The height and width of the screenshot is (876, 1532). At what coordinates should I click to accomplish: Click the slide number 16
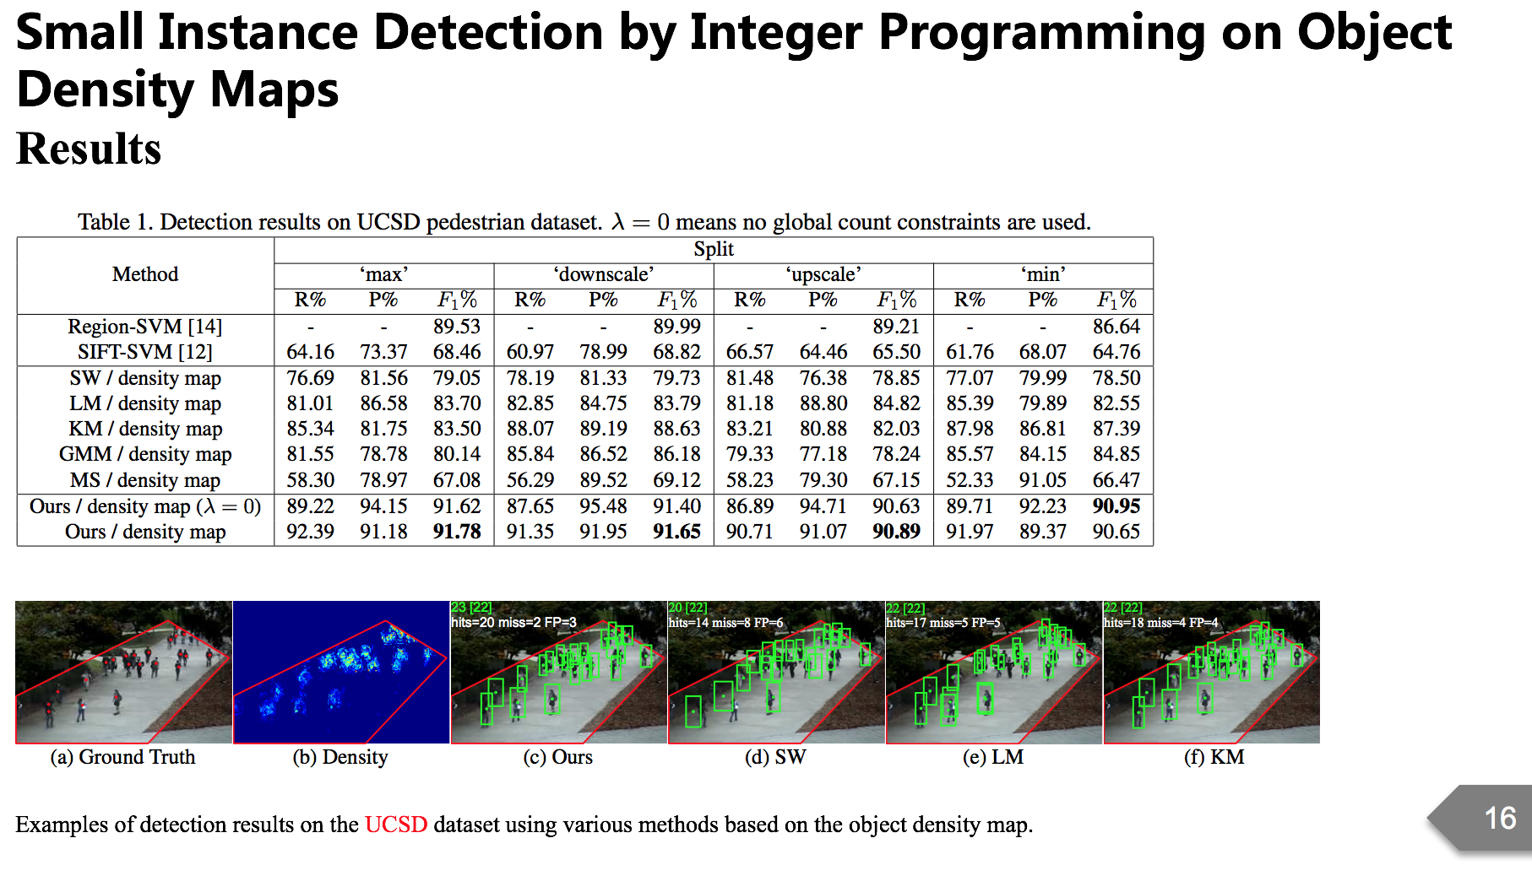pos(1500,818)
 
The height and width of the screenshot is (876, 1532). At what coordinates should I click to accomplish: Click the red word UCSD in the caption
pos(395,825)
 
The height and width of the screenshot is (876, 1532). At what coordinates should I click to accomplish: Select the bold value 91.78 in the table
pos(457,532)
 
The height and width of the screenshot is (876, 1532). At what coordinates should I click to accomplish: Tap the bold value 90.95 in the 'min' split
pos(1116,506)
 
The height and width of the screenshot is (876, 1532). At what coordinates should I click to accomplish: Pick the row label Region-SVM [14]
pos(145,327)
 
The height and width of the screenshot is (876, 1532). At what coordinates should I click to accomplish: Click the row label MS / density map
pos(145,480)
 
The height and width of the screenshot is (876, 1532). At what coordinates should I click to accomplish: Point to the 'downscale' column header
pos(603,274)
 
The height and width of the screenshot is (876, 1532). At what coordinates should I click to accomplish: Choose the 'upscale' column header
pos(823,274)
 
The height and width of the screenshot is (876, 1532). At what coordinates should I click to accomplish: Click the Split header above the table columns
pos(714,249)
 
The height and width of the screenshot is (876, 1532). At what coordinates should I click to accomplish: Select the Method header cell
pos(145,274)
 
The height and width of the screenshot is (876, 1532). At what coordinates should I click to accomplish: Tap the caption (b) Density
pos(340,757)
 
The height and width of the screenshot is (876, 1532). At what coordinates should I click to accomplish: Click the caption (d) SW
pos(775,757)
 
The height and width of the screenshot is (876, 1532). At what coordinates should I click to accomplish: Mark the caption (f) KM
pos(1214,757)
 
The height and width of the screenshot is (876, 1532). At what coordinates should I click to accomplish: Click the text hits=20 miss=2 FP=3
pos(513,623)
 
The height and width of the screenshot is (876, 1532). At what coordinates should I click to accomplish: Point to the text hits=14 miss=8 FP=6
pos(725,623)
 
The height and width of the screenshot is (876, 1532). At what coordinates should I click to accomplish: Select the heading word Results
pos(89,149)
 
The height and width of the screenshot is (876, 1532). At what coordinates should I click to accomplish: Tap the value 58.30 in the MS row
pos(310,480)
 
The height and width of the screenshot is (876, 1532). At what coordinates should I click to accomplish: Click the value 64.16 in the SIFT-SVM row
pos(310,352)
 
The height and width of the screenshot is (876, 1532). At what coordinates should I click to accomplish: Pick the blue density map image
pos(340,672)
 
